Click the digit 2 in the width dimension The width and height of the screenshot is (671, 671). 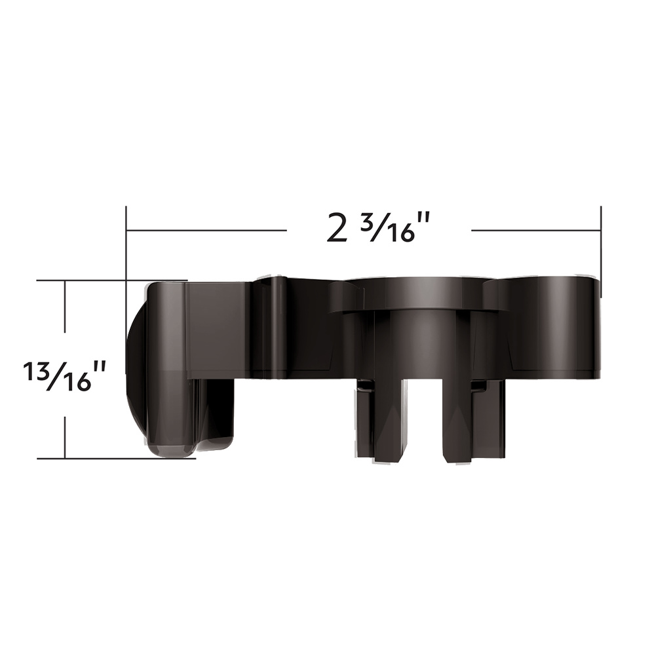click(x=337, y=229)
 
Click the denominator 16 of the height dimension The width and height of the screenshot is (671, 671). click(x=77, y=381)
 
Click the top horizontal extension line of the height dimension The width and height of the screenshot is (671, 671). click(x=92, y=280)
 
